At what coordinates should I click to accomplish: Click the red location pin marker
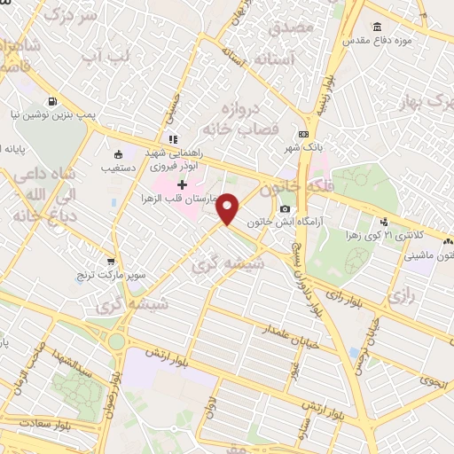pyautogui.click(x=228, y=208)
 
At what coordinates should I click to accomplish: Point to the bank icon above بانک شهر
pyautogui.click(x=304, y=134)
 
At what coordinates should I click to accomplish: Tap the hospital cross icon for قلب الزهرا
pyautogui.click(x=183, y=185)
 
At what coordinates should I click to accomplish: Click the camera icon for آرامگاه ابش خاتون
pyautogui.click(x=285, y=208)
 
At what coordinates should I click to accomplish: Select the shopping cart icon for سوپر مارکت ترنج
pyautogui.click(x=111, y=262)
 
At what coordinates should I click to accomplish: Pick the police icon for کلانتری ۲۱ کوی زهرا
pyautogui.click(x=384, y=222)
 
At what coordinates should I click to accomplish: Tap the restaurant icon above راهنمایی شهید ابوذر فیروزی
pyautogui.click(x=174, y=139)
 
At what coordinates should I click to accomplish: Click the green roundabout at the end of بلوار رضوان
pyautogui.click(x=116, y=341)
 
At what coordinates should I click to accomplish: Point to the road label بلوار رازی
pyautogui.click(x=344, y=293)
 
